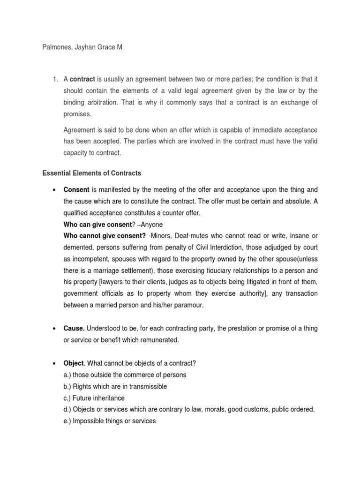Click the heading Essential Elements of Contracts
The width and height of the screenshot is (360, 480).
click(x=91, y=173)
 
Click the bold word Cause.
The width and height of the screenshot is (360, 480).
click(x=74, y=329)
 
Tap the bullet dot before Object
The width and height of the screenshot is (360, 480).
click(x=54, y=363)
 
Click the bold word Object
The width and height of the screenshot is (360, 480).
click(x=74, y=363)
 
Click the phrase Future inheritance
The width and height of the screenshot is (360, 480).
click(x=98, y=398)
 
